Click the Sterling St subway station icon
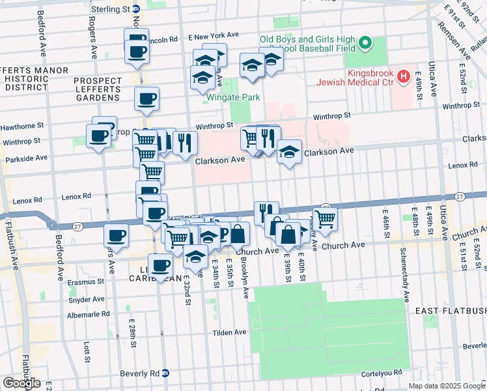(x=135, y=9)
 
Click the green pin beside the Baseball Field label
(x=366, y=44)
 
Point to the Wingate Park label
(x=233, y=98)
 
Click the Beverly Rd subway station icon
(x=165, y=373)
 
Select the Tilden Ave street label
(x=230, y=332)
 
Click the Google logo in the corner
(x=21, y=383)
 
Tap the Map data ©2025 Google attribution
(x=446, y=386)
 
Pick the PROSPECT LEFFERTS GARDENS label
(x=98, y=89)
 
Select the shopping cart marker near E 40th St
(x=325, y=219)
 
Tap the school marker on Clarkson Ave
(x=290, y=152)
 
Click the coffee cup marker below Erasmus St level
(x=160, y=265)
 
